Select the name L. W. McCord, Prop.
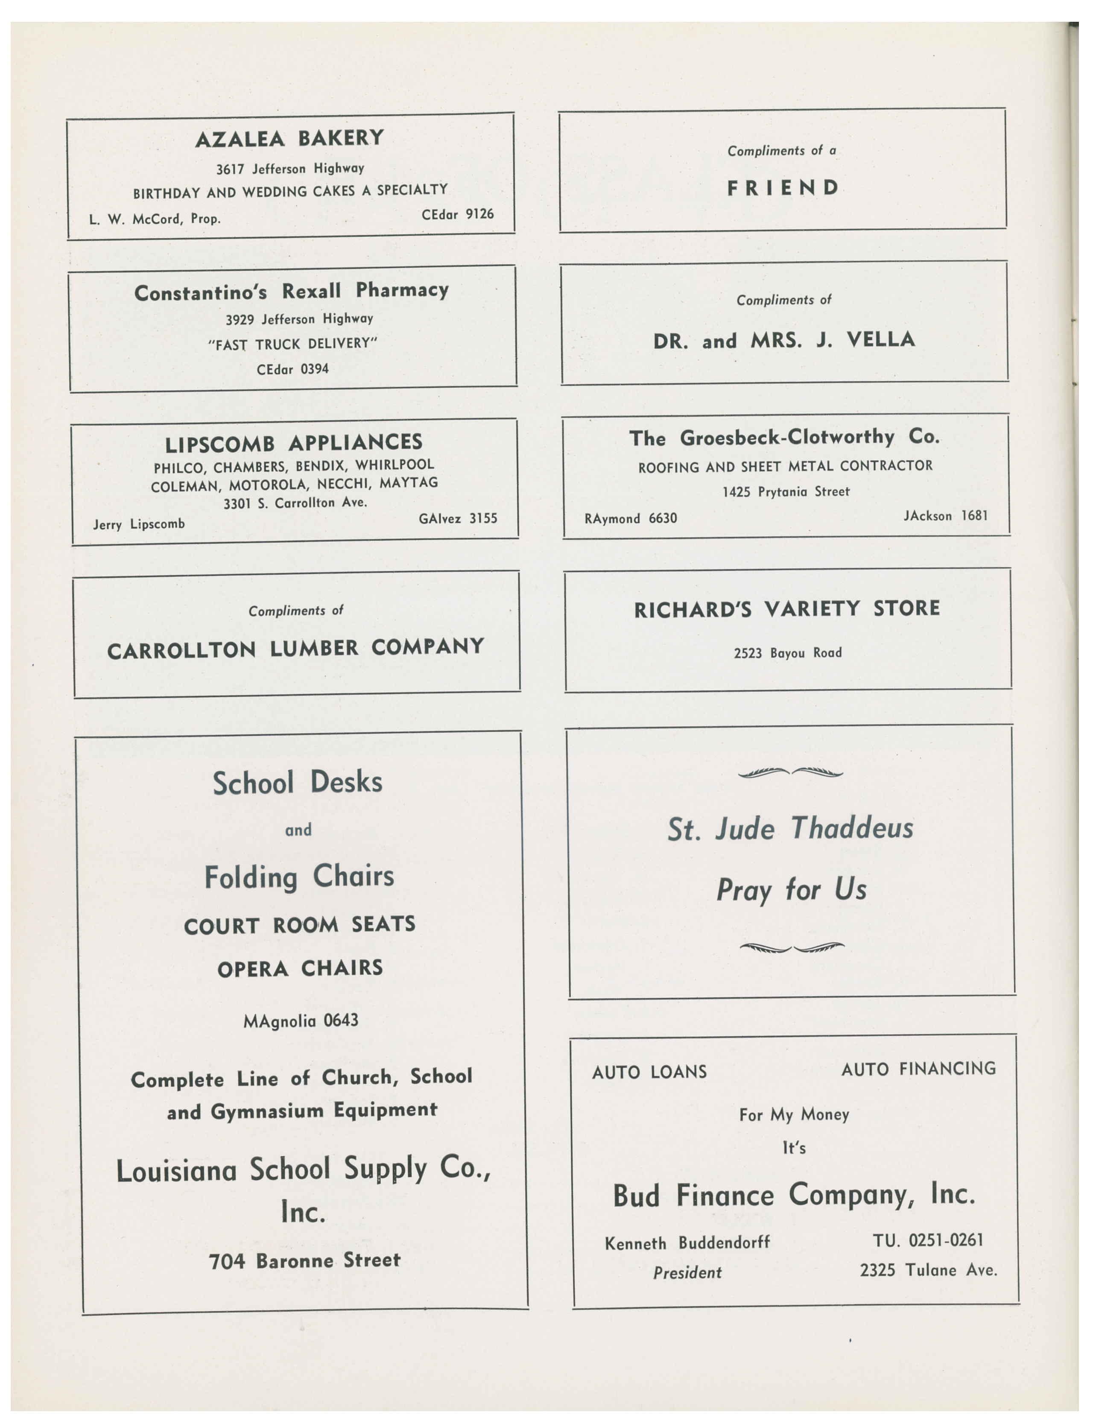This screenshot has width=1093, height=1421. pyautogui.click(x=155, y=219)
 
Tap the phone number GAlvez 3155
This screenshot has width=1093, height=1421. pyautogui.click(x=458, y=518)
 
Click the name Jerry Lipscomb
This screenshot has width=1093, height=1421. pyautogui.click(x=139, y=524)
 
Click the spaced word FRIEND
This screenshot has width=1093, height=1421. pyautogui.click(x=783, y=188)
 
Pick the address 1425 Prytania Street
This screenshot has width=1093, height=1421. pyautogui.click(x=786, y=492)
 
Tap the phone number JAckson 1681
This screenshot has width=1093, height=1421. pyautogui.click(x=945, y=516)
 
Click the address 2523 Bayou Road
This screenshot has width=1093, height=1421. pyautogui.click(x=788, y=652)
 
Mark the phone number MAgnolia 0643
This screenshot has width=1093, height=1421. pyautogui.click(x=301, y=1020)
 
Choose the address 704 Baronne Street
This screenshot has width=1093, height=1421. pyautogui.click(x=304, y=1261)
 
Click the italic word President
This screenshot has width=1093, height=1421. pyautogui.click(x=687, y=1273)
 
